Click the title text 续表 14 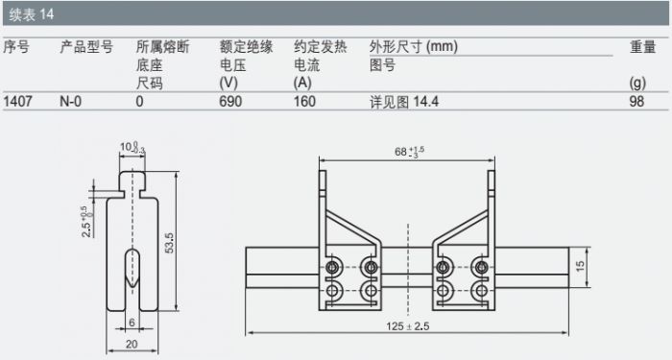tap(32, 14)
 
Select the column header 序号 tap(16, 47)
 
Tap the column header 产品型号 tap(86, 47)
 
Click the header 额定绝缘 tap(246, 47)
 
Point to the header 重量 tap(642, 47)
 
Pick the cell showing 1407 tap(18, 102)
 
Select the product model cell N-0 tap(71, 102)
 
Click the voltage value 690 tap(230, 102)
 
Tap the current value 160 tap(304, 102)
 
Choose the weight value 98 tap(636, 102)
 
